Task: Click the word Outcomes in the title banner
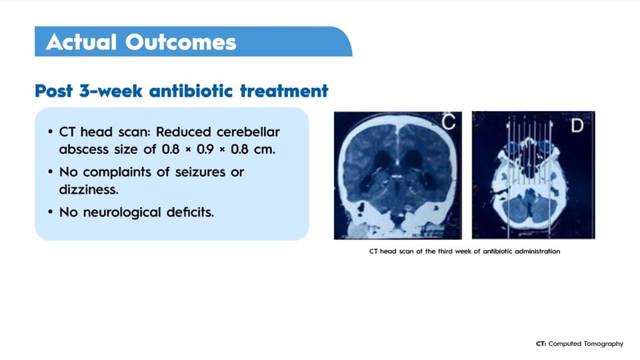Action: tap(181, 42)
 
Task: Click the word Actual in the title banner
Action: tap(81, 42)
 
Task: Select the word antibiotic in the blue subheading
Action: tap(191, 91)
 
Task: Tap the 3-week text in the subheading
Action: tap(111, 91)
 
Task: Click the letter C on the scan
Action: tap(449, 122)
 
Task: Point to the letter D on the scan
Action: tap(577, 125)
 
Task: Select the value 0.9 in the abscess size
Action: tap(205, 149)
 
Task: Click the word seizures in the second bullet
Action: tap(200, 172)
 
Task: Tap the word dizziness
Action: tap(89, 189)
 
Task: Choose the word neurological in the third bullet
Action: tap(122, 212)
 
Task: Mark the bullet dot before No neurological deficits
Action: tap(50, 212)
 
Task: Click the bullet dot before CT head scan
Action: tap(50, 132)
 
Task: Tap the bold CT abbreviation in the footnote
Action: tap(541, 344)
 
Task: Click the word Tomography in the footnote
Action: tap(603, 344)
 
